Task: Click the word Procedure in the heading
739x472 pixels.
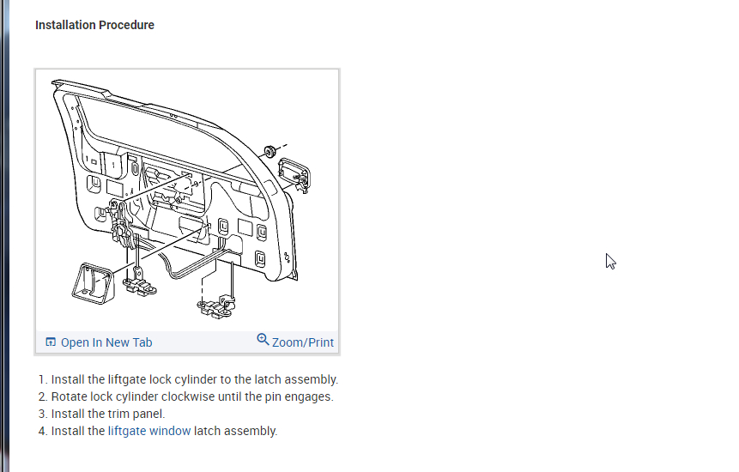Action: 126,25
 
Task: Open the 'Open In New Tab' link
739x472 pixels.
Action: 106,342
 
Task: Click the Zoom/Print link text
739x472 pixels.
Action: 303,342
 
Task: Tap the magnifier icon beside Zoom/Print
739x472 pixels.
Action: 263,340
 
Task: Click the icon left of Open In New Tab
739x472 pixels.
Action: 51,342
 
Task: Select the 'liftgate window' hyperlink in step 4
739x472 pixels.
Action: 149,431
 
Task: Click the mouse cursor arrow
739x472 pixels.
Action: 610,261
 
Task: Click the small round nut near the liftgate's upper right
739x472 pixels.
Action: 270,151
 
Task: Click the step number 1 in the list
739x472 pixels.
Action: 41,379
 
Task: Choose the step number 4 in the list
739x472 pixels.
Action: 41,431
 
